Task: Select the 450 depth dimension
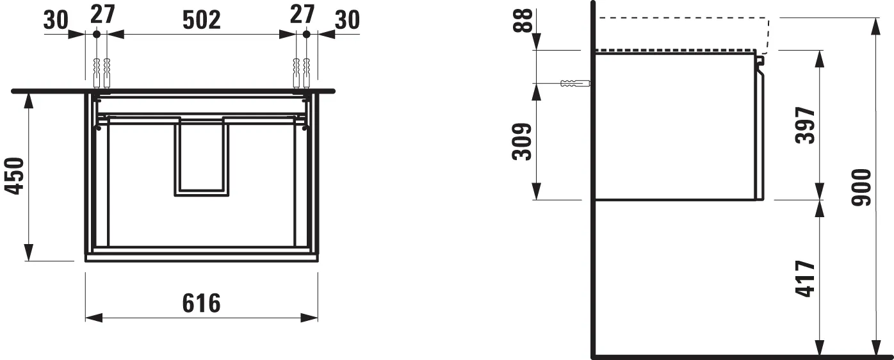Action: click(15, 176)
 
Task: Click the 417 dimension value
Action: click(806, 277)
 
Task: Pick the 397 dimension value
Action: click(806, 126)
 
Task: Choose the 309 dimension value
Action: click(522, 142)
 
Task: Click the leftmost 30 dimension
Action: click(56, 20)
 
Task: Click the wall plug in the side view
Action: click(574, 83)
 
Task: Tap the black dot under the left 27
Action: click(96, 33)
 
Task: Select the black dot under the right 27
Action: click(306, 33)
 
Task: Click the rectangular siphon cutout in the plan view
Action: click(200, 156)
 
